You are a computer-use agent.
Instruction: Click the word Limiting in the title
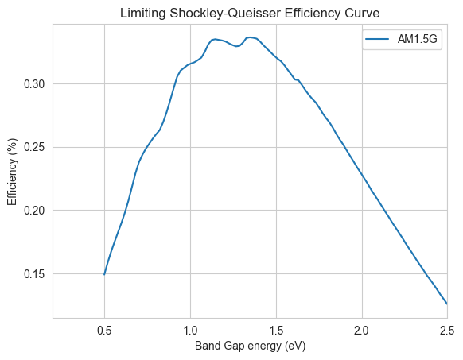pyautogui.click(x=143, y=14)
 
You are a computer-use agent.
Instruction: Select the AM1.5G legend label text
pyautogui.click(x=417, y=39)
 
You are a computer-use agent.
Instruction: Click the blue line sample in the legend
pyautogui.click(x=377, y=39)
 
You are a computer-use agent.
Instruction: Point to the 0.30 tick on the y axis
pyautogui.click(x=34, y=84)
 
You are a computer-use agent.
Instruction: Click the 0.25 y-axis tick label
pyautogui.click(x=34, y=148)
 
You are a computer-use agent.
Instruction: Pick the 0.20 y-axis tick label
pyautogui.click(x=34, y=211)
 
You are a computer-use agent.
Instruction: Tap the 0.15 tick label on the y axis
pyautogui.click(x=34, y=274)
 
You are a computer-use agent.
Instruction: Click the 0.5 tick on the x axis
pyautogui.click(x=104, y=331)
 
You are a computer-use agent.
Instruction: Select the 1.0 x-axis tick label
pyautogui.click(x=190, y=331)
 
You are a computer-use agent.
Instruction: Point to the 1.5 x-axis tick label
pyautogui.click(x=276, y=331)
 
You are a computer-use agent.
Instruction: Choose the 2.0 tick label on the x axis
pyautogui.click(x=362, y=331)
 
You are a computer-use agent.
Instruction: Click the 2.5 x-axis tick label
pyautogui.click(x=447, y=331)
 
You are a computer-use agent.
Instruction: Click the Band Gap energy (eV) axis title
pyautogui.click(x=250, y=346)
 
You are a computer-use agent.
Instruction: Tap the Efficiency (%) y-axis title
pyautogui.click(x=13, y=172)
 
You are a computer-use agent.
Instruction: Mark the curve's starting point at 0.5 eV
pyautogui.click(x=104, y=274)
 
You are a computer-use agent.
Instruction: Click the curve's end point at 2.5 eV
pyautogui.click(x=447, y=304)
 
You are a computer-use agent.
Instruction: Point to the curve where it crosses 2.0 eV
pyautogui.click(x=362, y=172)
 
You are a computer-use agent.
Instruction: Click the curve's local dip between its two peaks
pyautogui.click(x=237, y=46)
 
